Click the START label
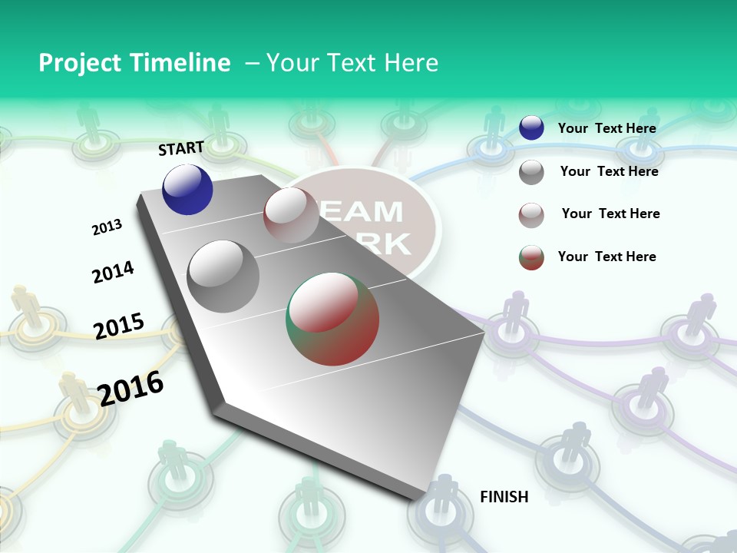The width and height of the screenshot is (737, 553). (x=181, y=148)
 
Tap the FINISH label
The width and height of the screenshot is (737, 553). (x=504, y=496)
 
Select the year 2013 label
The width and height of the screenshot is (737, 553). (x=107, y=227)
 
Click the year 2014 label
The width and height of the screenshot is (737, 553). (x=113, y=272)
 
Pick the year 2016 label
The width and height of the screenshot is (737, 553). (x=131, y=388)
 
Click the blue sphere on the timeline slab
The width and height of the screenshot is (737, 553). (x=187, y=189)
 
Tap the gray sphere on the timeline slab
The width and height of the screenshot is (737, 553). (x=223, y=276)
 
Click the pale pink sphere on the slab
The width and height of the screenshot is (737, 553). (x=291, y=215)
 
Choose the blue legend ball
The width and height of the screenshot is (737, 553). (x=531, y=127)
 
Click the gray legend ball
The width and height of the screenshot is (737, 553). (x=531, y=172)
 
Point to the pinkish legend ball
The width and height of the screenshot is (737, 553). (x=531, y=215)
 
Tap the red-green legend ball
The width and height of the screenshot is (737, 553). (x=531, y=257)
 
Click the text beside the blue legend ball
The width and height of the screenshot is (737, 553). (x=606, y=128)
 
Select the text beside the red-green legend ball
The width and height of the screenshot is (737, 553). (x=606, y=257)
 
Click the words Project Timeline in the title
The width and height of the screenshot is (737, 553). (x=134, y=63)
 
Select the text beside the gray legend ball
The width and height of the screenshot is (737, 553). (x=609, y=171)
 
